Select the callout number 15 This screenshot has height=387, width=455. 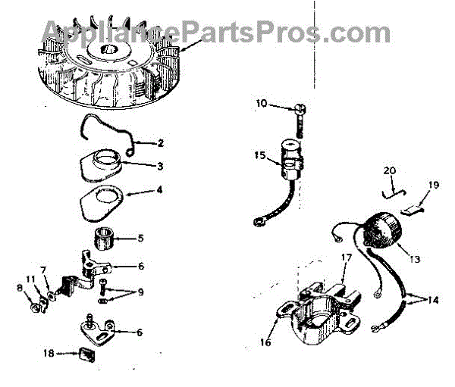(260, 155)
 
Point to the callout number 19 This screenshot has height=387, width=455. (434, 184)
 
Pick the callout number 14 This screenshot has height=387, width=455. (432, 300)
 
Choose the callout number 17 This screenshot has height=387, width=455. (346, 257)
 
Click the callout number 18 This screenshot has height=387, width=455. (49, 352)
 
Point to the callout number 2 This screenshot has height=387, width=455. (160, 142)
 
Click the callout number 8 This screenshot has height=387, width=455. (20, 288)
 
